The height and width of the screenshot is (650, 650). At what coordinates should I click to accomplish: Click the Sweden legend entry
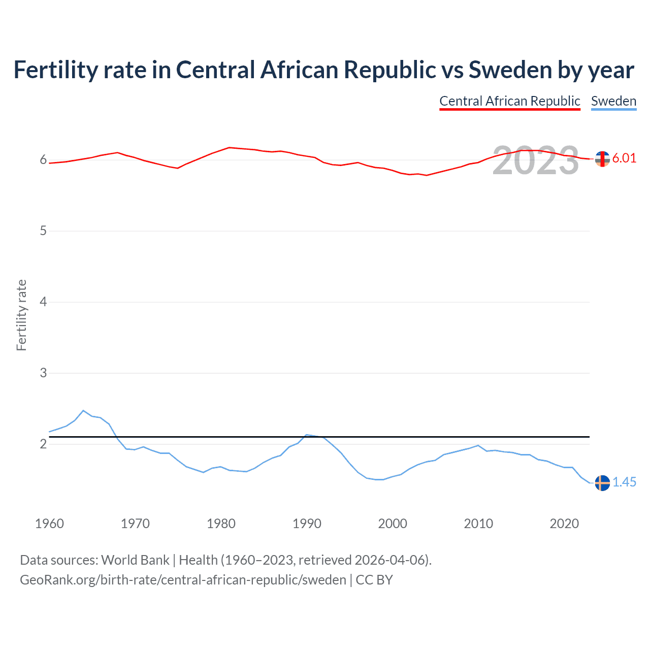[x=613, y=101]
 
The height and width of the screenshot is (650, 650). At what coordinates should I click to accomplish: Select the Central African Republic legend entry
[x=509, y=101]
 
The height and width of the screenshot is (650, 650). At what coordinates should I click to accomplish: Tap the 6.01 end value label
[x=624, y=158]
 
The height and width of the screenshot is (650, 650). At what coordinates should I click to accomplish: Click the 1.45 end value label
[x=624, y=482]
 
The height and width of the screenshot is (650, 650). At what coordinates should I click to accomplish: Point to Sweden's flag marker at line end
[x=602, y=483]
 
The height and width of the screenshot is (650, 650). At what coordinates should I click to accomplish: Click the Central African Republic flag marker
[x=602, y=159]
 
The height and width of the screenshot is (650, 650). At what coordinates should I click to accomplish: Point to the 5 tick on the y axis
[x=43, y=231]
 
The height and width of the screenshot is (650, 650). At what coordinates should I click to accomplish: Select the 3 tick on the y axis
[x=43, y=373]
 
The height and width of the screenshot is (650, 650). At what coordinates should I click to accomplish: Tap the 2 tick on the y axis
[x=43, y=444]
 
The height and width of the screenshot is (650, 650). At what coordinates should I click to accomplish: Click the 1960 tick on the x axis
[x=49, y=524]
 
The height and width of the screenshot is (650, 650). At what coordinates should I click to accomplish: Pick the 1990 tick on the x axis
[x=307, y=524]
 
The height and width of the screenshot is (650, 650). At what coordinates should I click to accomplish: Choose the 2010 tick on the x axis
[x=478, y=524]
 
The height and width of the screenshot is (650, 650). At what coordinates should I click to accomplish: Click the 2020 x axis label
[x=564, y=524]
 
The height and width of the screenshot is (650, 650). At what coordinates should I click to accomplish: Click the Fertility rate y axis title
[x=21, y=315]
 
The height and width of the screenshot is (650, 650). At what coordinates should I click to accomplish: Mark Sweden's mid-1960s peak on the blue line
[x=83, y=410]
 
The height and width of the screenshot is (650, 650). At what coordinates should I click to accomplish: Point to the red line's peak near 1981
[x=230, y=147]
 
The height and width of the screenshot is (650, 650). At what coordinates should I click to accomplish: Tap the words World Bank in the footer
[x=135, y=560]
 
